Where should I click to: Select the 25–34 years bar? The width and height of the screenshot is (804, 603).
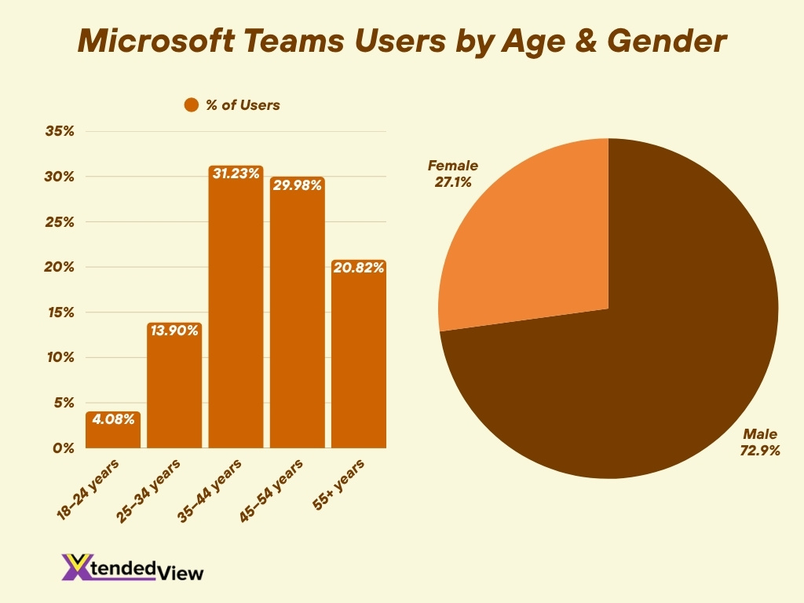(174, 389)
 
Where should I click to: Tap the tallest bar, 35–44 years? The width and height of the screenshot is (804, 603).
(236, 314)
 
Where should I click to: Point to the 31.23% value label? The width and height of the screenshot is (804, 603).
(236, 174)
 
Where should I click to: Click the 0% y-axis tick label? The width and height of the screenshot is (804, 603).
(63, 448)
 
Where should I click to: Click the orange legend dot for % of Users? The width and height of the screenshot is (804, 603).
(192, 105)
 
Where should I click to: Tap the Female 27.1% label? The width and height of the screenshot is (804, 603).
(452, 173)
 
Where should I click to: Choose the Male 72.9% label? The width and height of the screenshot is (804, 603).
(758, 442)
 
